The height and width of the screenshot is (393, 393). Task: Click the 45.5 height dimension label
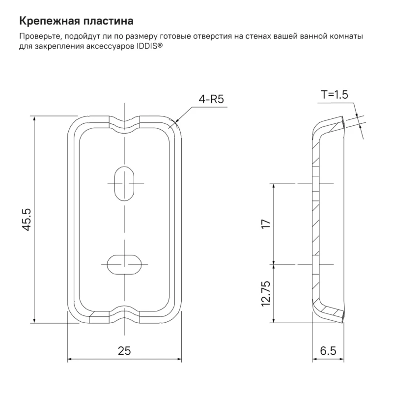click(x=27, y=219)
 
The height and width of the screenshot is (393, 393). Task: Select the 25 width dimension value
click(x=124, y=351)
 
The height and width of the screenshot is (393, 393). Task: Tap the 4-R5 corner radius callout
click(x=211, y=99)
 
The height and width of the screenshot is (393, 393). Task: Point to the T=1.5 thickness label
click(x=335, y=94)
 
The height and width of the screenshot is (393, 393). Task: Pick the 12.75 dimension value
click(x=266, y=293)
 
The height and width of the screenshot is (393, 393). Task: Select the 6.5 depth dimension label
click(x=328, y=351)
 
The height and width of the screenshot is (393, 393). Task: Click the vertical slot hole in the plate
click(x=124, y=183)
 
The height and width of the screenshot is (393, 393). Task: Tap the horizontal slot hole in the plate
click(x=124, y=264)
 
